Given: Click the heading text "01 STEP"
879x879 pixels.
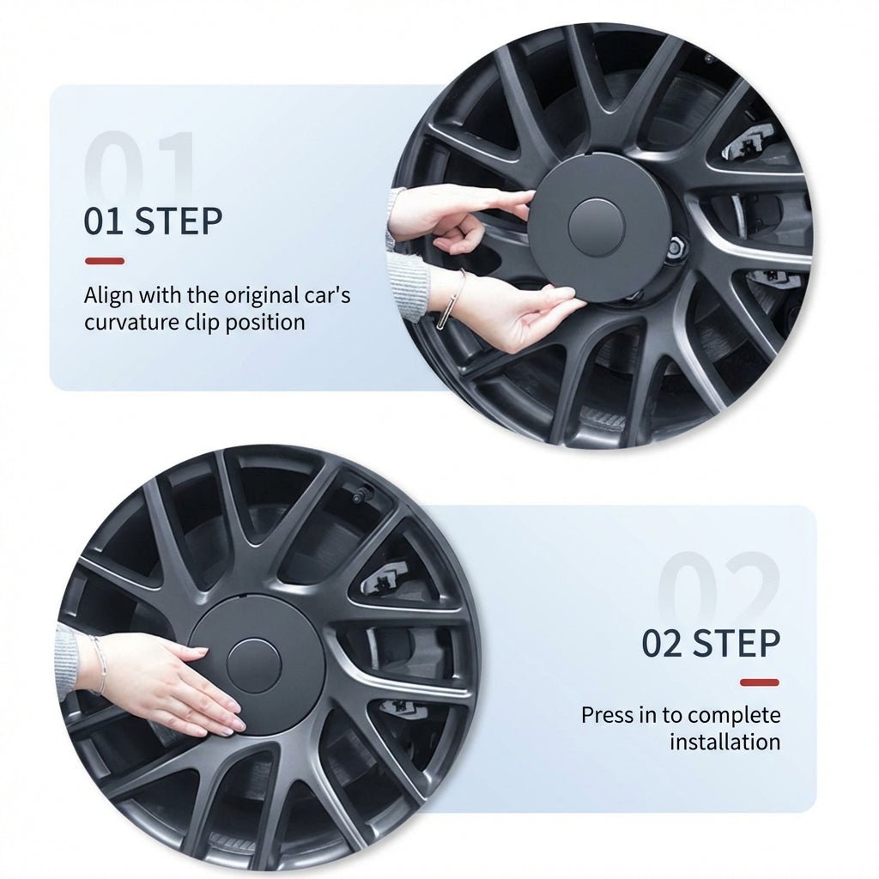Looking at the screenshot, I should (153, 221).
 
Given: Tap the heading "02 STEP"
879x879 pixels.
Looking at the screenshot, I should (711, 643).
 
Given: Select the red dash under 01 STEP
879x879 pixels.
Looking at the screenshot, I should (104, 261).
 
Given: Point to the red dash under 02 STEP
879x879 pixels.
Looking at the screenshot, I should (760, 682).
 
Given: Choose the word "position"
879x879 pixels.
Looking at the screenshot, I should (267, 323).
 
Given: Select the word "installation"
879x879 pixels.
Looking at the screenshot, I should (724, 742).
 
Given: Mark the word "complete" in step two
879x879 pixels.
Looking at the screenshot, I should (734, 715).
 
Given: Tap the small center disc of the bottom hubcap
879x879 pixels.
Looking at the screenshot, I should (253, 666).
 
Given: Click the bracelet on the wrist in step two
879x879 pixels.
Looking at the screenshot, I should (101, 664).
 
